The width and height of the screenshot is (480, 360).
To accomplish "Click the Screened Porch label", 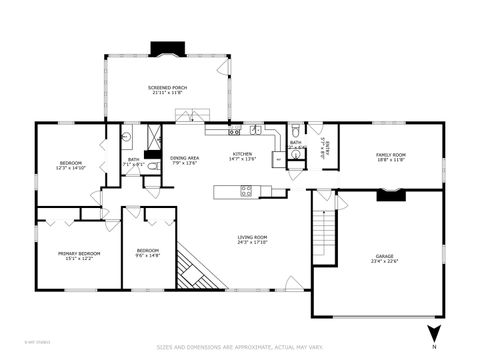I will click(x=167, y=90).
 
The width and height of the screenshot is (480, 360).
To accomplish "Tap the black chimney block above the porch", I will click(x=163, y=48).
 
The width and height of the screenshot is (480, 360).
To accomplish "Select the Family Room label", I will click(x=390, y=157).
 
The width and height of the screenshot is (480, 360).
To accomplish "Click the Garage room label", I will click(x=384, y=258).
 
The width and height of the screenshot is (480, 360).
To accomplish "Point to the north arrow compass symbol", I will click(x=432, y=335).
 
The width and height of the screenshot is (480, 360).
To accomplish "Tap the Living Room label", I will click(x=252, y=239).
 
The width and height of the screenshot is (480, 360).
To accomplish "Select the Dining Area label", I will click(x=184, y=160).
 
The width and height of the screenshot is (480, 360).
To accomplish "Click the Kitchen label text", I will click(x=243, y=155).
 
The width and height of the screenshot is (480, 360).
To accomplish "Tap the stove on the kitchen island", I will click(x=246, y=189).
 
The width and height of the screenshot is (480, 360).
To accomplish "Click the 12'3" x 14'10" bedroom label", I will click(x=70, y=165).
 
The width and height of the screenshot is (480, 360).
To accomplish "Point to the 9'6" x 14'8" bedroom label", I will click(x=148, y=252).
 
